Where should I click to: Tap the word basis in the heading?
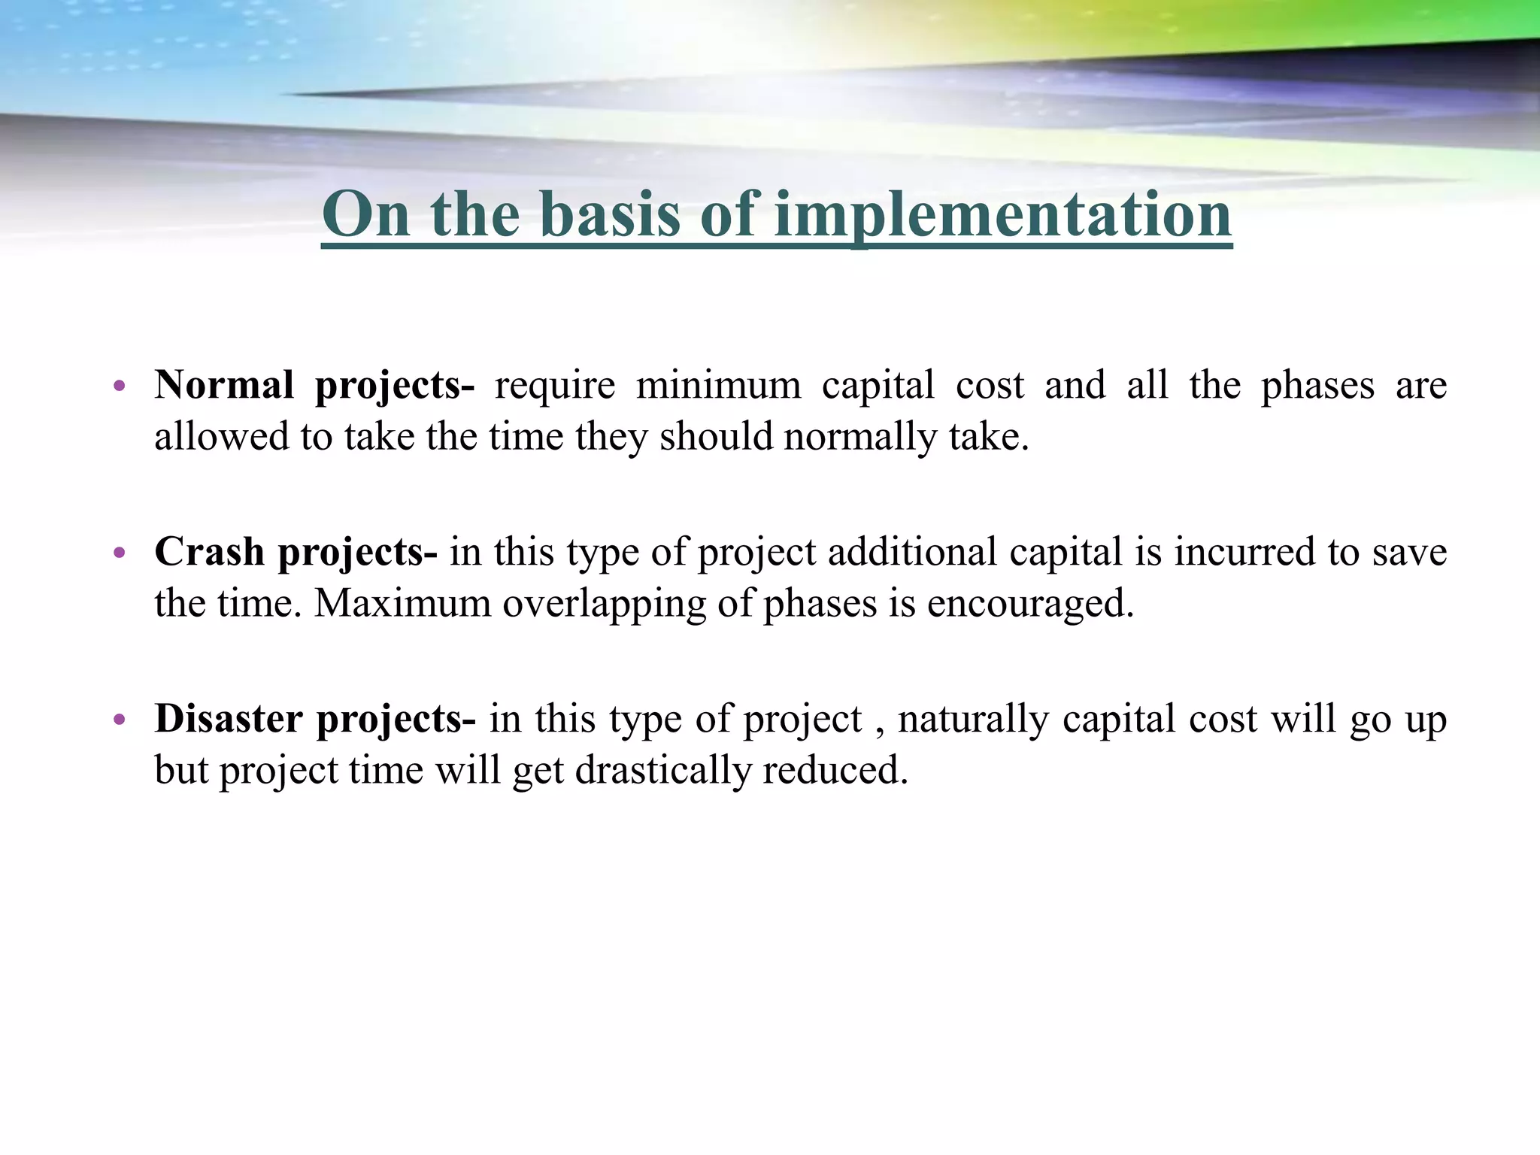(610, 216)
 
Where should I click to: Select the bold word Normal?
(224, 385)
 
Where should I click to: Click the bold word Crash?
(209, 552)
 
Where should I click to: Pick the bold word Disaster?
(229, 718)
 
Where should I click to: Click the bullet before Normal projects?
(118, 387)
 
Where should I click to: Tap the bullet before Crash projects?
(118, 554)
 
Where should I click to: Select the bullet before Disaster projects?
(118, 720)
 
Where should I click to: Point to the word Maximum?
(402, 603)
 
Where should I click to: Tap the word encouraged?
(1029, 605)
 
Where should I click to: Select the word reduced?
(835, 770)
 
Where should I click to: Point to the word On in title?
(366, 216)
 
